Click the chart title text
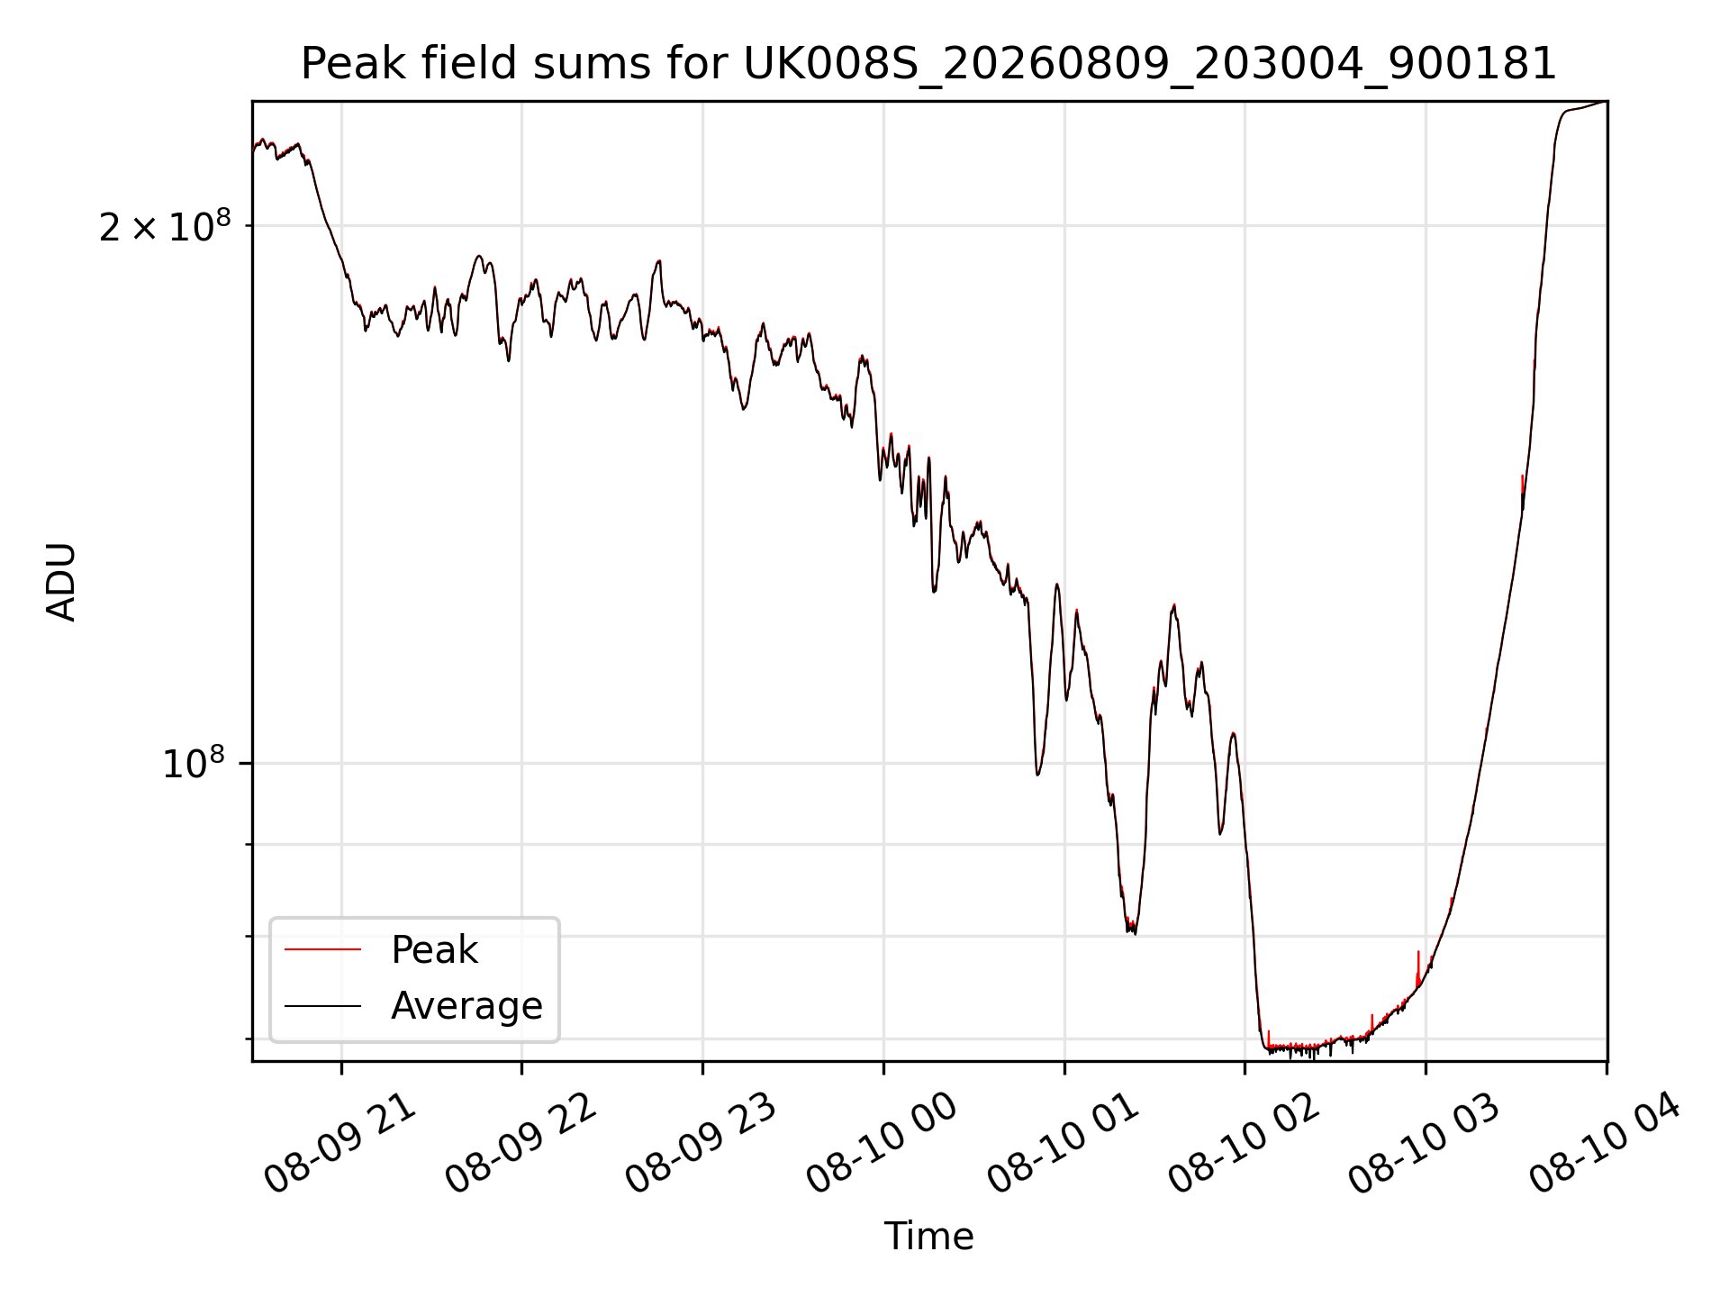(x=928, y=64)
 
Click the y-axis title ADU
(x=61, y=582)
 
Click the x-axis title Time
(x=928, y=1236)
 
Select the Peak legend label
(x=434, y=950)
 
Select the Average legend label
(x=466, y=1006)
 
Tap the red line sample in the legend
(x=322, y=949)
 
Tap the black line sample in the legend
(x=322, y=1005)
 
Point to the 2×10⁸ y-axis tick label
(x=165, y=225)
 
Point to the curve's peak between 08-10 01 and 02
(x=1173, y=605)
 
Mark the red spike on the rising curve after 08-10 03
(x=1522, y=486)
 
